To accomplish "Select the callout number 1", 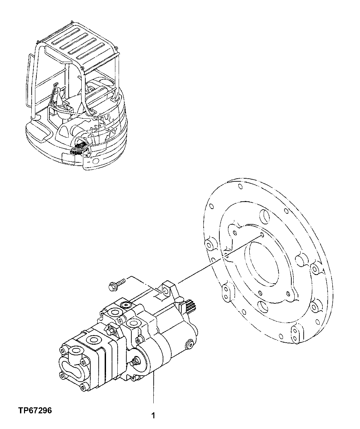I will point(153,416).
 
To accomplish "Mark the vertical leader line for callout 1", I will point(153,390).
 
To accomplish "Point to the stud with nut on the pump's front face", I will point(135,362).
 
